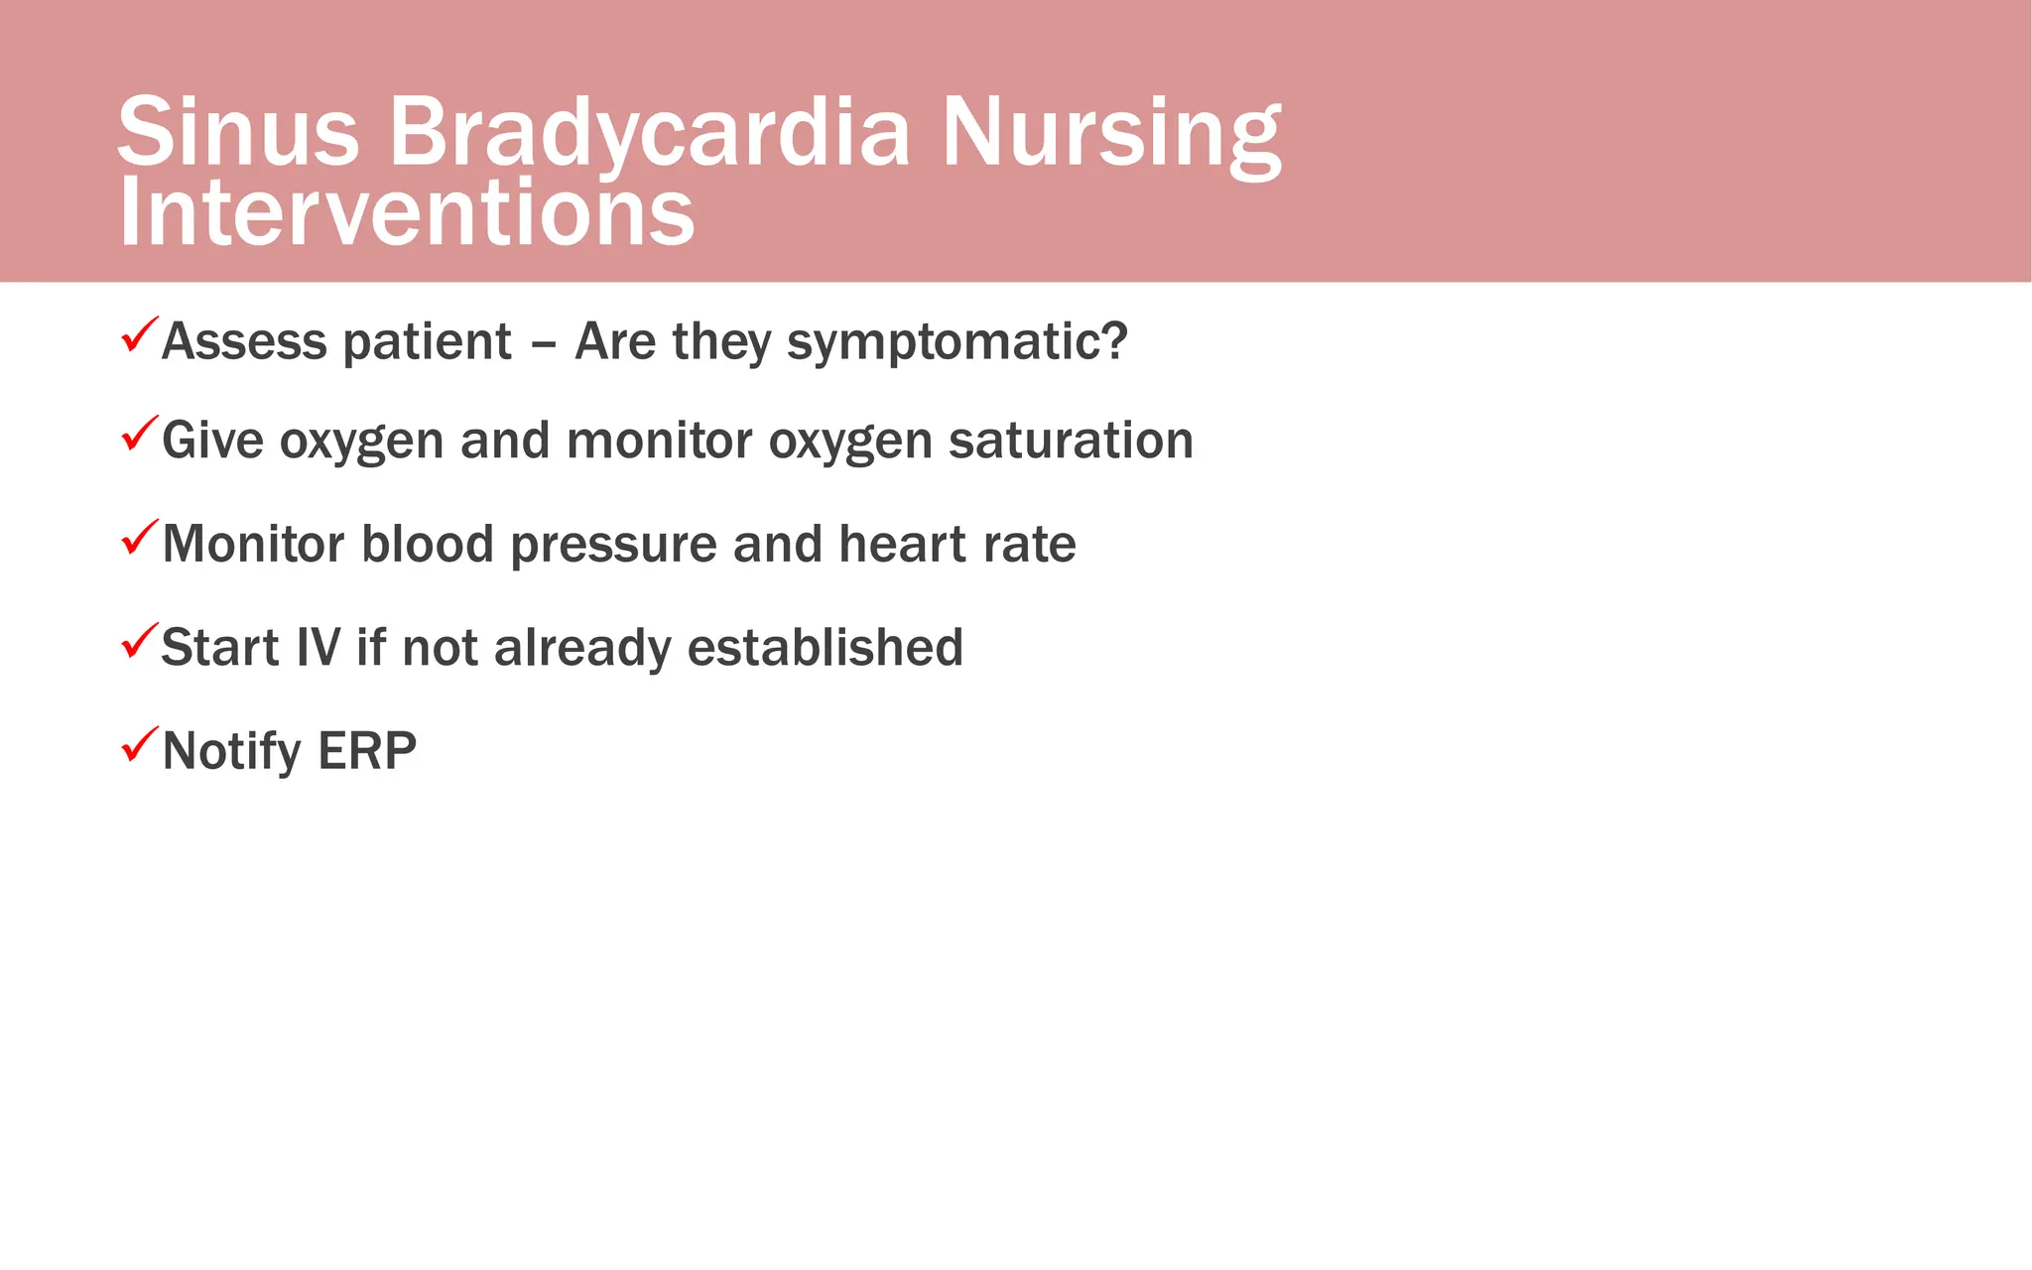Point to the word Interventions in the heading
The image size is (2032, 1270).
[407, 212]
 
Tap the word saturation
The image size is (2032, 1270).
[1071, 441]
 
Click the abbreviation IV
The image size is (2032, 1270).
[317, 647]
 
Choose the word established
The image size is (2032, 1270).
[825, 647]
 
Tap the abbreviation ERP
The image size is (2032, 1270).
[367, 751]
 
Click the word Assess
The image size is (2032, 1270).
[244, 341]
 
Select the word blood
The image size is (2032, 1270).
[427, 544]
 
